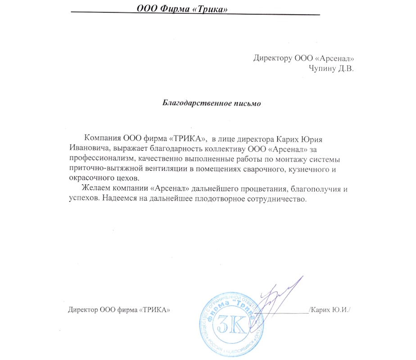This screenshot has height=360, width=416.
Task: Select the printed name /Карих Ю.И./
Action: pos(330,310)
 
